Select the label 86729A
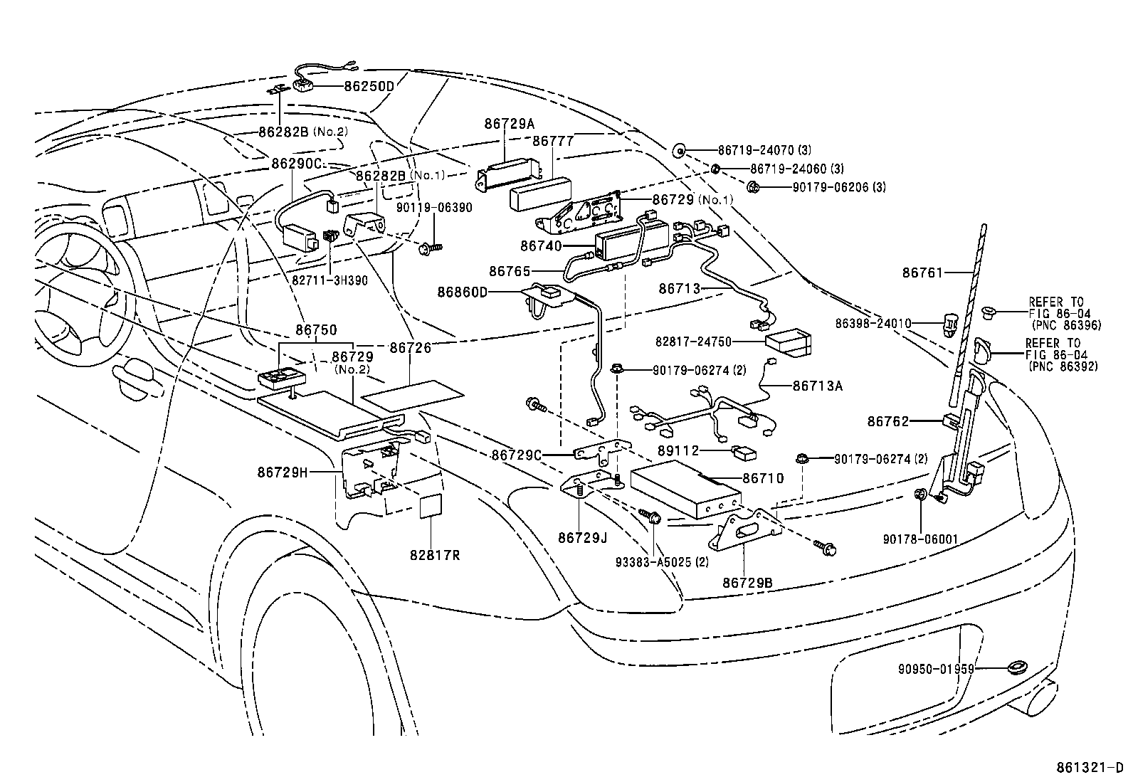click(x=509, y=123)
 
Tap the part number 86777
click(x=553, y=141)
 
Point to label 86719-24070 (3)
click(x=764, y=150)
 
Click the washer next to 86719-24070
click(x=679, y=150)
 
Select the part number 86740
click(x=541, y=245)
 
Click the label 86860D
click(x=463, y=292)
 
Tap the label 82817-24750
click(x=693, y=342)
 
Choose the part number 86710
click(x=763, y=478)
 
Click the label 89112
click(x=678, y=450)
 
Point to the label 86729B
click(x=747, y=583)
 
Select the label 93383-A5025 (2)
click(x=662, y=561)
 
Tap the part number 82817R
click(x=434, y=554)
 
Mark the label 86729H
click(x=283, y=472)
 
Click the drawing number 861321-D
click(x=1088, y=768)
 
